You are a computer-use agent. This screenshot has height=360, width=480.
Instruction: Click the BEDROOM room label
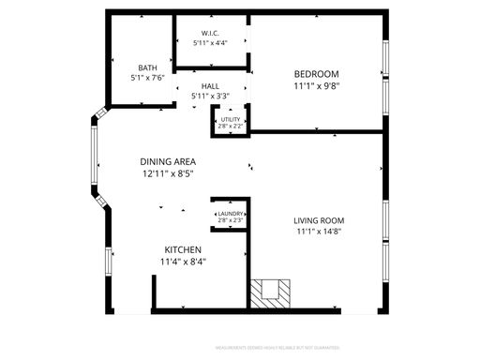click(316, 74)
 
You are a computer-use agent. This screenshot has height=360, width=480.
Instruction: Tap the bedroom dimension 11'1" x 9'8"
click(316, 86)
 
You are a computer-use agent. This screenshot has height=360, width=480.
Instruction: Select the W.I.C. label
click(210, 34)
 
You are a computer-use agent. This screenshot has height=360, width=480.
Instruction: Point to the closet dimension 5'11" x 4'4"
click(210, 43)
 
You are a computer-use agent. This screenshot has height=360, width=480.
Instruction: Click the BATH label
click(147, 67)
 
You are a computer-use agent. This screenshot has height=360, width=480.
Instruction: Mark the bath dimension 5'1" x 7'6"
click(147, 78)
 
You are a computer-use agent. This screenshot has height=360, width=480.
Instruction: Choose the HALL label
click(210, 85)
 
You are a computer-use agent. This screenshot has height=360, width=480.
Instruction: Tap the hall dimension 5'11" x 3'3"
click(210, 96)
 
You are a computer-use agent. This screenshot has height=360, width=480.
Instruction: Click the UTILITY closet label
click(230, 119)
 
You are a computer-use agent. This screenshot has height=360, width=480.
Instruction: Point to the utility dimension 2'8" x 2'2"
click(230, 126)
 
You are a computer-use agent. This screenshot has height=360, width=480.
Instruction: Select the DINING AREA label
click(168, 162)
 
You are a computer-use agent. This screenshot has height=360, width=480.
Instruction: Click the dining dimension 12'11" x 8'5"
click(168, 174)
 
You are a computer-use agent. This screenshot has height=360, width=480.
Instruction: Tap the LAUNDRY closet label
click(230, 215)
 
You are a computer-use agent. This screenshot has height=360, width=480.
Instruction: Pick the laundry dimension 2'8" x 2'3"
click(230, 222)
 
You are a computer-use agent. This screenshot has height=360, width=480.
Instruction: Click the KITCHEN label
click(183, 249)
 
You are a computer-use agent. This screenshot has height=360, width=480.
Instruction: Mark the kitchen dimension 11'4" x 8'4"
click(183, 262)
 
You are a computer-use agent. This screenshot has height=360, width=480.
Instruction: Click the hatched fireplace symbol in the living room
click(272, 293)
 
